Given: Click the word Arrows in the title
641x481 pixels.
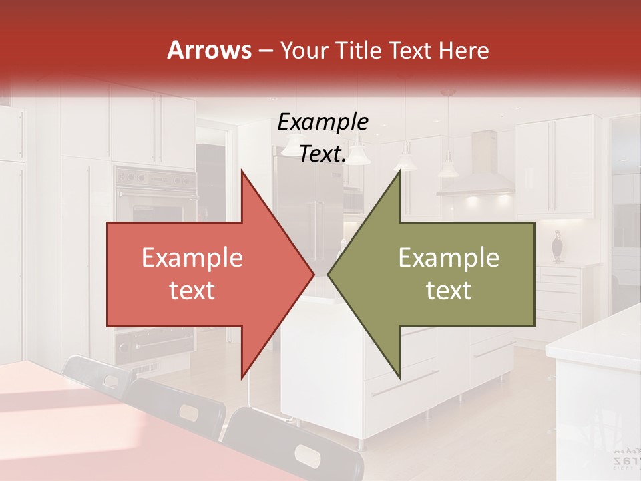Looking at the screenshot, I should point(209,50).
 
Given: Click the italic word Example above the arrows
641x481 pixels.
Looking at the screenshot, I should point(323,122).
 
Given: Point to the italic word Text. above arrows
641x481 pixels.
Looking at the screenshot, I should point(323,154).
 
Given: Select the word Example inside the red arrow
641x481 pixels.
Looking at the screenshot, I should point(192,257).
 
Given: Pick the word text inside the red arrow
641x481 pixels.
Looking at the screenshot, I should point(192,291).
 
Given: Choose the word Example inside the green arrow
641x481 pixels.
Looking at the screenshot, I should point(449,257).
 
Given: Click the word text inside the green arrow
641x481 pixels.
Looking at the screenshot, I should point(449,291).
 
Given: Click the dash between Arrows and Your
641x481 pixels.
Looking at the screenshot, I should point(265,51).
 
